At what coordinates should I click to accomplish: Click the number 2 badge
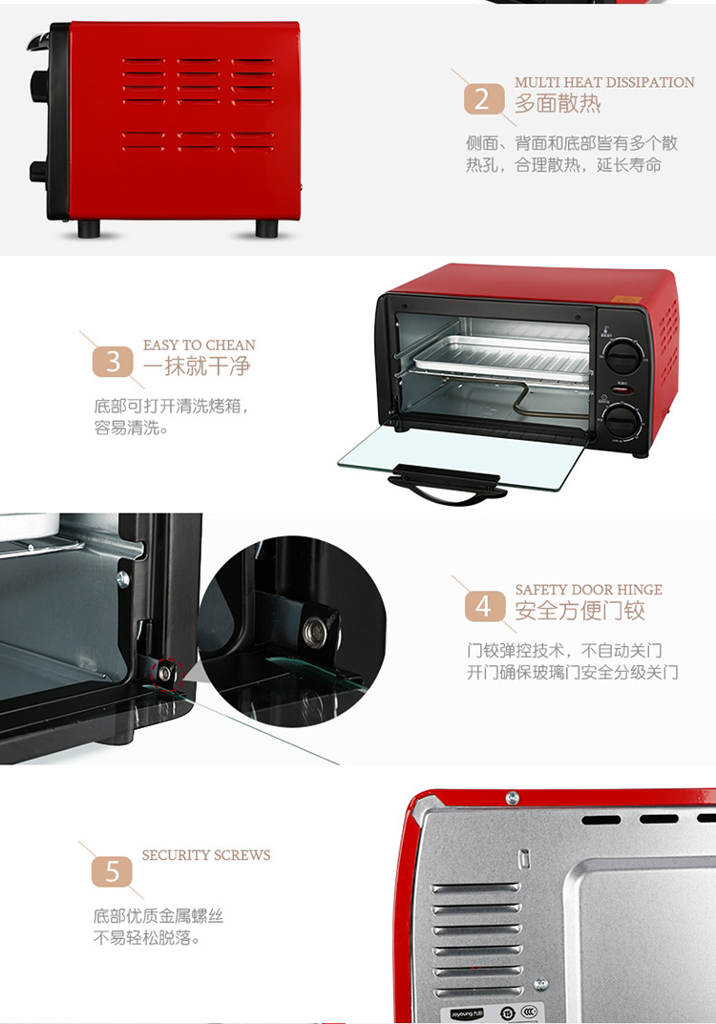tap(484, 99)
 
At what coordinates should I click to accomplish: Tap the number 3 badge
tap(113, 361)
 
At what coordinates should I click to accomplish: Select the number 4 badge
tap(485, 607)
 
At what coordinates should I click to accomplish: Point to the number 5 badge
tap(113, 872)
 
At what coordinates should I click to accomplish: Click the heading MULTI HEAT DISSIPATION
tap(604, 82)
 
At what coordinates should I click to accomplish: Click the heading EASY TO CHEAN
tap(200, 345)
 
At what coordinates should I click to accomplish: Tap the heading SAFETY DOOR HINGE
tap(589, 590)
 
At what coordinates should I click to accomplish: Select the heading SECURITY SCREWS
tap(206, 855)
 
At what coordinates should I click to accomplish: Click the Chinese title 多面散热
tap(558, 104)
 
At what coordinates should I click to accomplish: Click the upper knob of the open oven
tap(621, 355)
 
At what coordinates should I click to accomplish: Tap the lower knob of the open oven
tap(621, 420)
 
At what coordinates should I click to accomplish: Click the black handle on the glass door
tap(448, 484)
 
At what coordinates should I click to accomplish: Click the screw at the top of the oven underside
tap(513, 798)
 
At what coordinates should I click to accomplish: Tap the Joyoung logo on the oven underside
tap(467, 1014)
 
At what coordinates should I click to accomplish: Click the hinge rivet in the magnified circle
tap(316, 631)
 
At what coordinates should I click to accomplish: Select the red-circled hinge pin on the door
tap(164, 672)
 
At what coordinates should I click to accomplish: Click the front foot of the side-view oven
tap(88, 229)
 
